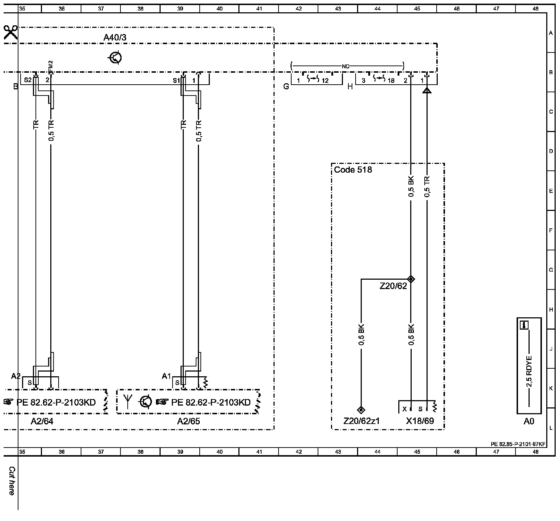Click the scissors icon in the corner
pos(11,33)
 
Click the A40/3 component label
pos(115,37)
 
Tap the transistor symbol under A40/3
pos(115,58)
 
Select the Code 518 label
pos(353,170)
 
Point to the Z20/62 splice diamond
pos(411,279)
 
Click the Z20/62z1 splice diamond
pos(361,410)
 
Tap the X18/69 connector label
pos(420,421)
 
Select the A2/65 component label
pos(188,421)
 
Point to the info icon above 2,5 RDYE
pos(524,325)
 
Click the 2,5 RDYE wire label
pos(529,371)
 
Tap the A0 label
pos(529,421)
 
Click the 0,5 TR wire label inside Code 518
pos(427,187)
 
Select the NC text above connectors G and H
pos(345,66)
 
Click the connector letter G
pos(286,86)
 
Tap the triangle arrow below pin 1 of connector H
pos(427,90)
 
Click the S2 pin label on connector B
pos(27,80)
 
